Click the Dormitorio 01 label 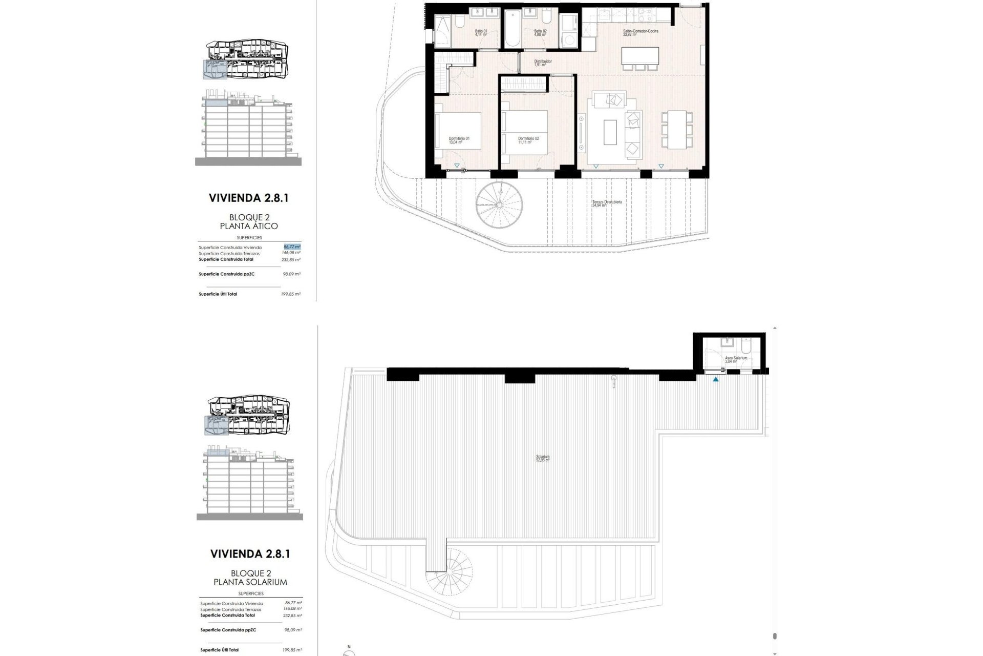pos(459,140)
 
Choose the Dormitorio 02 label pos(528,140)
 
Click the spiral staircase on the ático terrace pos(500,204)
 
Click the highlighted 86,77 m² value pos(292,247)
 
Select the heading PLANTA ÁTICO pos(248,226)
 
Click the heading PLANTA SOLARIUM pos(250,582)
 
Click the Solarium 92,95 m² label pos(543,458)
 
